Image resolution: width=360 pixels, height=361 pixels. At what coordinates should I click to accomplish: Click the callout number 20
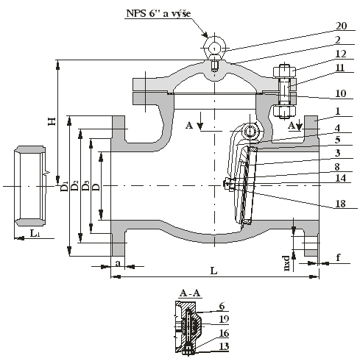click(341, 26)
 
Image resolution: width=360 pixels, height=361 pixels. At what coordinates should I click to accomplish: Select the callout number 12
click(341, 54)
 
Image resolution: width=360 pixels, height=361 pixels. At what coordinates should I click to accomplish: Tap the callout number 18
click(340, 204)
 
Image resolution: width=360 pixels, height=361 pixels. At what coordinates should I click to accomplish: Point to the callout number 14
click(341, 178)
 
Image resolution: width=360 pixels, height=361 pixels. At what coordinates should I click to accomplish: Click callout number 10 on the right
click(341, 93)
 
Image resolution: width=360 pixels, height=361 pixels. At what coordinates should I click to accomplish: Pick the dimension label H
click(52, 121)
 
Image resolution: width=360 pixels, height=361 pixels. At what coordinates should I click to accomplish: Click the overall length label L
click(214, 271)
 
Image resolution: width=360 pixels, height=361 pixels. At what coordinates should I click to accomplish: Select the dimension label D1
click(64, 186)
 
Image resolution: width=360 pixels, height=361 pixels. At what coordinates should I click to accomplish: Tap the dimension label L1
click(35, 233)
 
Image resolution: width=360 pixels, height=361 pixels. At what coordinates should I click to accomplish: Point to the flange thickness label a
click(118, 263)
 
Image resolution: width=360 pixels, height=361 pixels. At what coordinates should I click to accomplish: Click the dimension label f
click(338, 257)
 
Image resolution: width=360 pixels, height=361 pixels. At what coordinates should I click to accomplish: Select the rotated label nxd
click(286, 263)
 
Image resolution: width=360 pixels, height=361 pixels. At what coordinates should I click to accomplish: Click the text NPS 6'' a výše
click(158, 13)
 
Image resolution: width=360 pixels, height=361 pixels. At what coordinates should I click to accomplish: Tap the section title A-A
click(190, 293)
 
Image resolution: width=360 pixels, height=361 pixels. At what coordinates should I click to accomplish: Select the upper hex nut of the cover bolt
click(284, 71)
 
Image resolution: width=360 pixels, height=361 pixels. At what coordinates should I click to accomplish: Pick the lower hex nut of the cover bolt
click(284, 112)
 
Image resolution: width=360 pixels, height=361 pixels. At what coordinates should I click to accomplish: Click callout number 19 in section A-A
click(224, 319)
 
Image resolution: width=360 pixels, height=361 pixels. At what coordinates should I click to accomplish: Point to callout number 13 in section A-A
click(224, 346)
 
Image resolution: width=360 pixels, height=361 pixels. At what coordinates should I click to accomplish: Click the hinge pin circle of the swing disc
click(250, 132)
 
